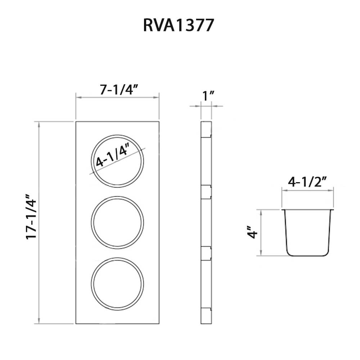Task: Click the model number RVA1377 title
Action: click(x=179, y=25)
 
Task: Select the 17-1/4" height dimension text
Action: click(x=31, y=217)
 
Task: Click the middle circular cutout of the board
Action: click(x=117, y=222)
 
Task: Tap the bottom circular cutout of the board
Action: click(x=117, y=283)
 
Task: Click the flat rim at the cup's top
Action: click(x=308, y=210)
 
